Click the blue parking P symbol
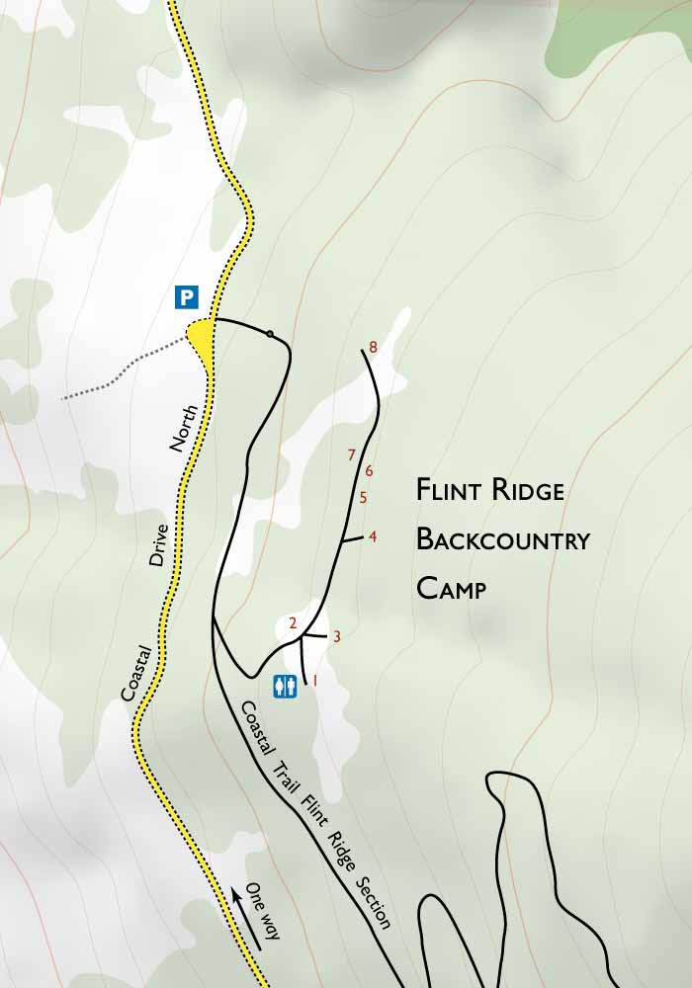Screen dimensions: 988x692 pos(187,296)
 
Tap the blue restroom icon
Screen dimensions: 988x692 pos(286,685)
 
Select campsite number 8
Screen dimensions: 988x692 pos(373,347)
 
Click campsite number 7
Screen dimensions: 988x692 pos(351,454)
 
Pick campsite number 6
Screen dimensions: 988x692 pos(369,470)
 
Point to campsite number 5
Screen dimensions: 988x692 pos(363,497)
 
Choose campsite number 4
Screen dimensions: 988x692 pos(373,536)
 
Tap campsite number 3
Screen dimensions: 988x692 pos(337,636)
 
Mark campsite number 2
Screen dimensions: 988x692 pos(293,622)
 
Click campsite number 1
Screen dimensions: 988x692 pos(315,680)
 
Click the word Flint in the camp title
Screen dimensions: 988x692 pos(451,490)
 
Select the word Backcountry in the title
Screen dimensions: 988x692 pos(502,539)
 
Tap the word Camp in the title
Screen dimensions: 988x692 pos(452,589)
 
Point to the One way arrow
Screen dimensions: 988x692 pos(247,919)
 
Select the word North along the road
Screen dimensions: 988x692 pos(185,428)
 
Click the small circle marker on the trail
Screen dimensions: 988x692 pos(270,334)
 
